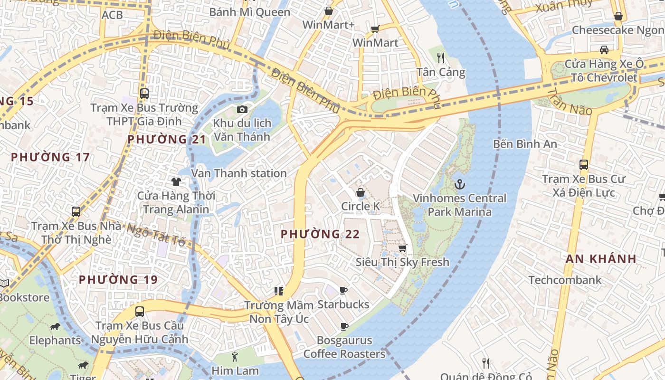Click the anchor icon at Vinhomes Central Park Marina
point(460,184)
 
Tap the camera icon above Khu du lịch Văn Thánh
point(242,110)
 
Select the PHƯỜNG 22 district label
point(320,234)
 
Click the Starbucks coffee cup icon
point(343,290)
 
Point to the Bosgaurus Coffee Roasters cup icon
point(344,326)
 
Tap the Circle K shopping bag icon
point(361,192)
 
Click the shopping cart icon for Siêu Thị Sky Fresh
point(403,248)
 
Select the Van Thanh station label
point(238,173)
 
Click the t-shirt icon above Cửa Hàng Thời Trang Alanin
point(176,181)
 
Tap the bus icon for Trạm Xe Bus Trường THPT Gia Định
point(144,94)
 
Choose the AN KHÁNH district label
point(601,259)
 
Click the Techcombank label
point(565,280)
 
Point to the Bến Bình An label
point(525,143)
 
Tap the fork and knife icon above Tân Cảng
point(441,58)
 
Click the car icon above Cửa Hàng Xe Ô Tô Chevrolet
point(604,50)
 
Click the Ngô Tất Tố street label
point(156,234)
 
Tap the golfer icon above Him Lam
point(235,357)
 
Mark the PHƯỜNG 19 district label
point(118,280)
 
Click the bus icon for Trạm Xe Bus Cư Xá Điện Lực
point(584,165)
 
